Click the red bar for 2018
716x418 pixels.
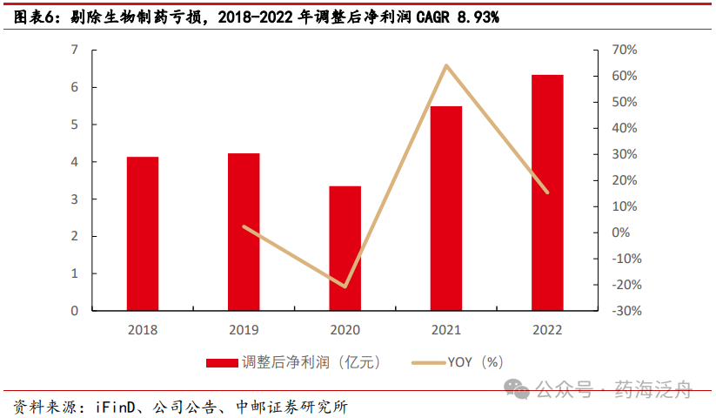pyautogui.click(x=143, y=233)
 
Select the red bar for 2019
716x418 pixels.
pyautogui.click(x=244, y=232)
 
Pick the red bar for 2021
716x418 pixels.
pyautogui.click(x=446, y=208)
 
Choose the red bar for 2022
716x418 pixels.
pyautogui.click(x=547, y=192)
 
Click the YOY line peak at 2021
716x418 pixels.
pyautogui.click(x=446, y=65)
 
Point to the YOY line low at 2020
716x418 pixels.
pyautogui.click(x=345, y=287)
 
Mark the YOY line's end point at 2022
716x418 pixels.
pyautogui.click(x=547, y=192)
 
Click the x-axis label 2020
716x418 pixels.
pyautogui.click(x=345, y=330)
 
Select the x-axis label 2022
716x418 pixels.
pyautogui.click(x=547, y=330)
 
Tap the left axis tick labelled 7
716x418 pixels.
pyautogui.click(x=75, y=50)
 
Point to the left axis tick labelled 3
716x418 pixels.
pyautogui.click(x=75, y=199)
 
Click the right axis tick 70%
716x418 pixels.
pyautogui.click(x=625, y=50)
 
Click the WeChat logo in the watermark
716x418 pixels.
pyautogui.click(x=519, y=389)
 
